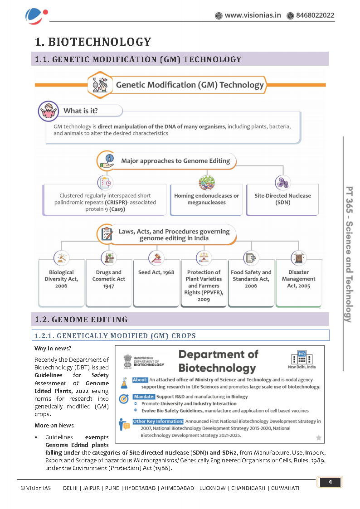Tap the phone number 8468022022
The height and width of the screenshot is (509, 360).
[x=315, y=15]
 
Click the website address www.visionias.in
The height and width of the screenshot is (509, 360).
[x=253, y=15]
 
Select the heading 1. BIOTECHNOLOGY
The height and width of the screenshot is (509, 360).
[x=93, y=42]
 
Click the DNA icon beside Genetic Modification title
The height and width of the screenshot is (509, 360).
[x=99, y=85]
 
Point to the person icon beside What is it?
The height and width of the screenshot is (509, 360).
[x=47, y=111]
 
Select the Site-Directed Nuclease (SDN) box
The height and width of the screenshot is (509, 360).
[x=282, y=199]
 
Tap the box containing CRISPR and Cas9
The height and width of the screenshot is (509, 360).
[x=105, y=199]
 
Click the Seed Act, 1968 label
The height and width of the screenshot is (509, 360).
[x=156, y=273]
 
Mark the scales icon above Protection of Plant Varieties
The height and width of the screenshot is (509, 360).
[x=204, y=258]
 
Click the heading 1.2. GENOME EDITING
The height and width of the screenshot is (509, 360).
[x=81, y=320]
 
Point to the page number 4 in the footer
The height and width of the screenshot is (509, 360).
[x=330, y=482]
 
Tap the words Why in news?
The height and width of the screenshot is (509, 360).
[x=53, y=349]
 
